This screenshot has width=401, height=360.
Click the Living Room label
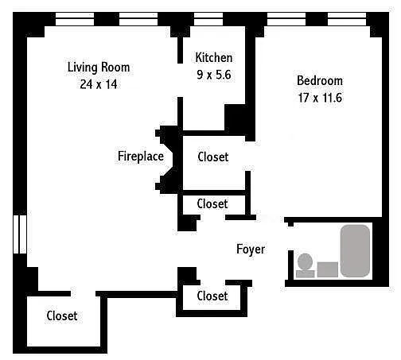[x=99, y=68]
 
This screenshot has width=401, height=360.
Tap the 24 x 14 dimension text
[x=99, y=84]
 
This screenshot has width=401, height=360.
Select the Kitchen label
[x=214, y=57]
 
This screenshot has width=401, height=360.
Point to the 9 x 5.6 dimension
[x=214, y=75]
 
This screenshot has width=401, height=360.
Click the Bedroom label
[x=320, y=81]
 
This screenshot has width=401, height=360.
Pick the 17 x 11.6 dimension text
[x=320, y=98]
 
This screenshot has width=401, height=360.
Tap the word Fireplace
[x=141, y=156]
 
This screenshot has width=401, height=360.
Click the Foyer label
[x=251, y=250]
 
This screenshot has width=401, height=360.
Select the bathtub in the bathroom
[x=355, y=250]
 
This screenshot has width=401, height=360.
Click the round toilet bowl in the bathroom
[x=305, y=261]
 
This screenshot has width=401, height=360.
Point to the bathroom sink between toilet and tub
[x=328, y=269]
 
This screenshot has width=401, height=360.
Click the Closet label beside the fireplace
[x=213, y=157]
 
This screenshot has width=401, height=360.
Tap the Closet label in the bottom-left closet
[x=62, y=315]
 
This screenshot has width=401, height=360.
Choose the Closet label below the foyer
[x=212, y=296]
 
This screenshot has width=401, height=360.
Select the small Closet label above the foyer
[x=212, y=204]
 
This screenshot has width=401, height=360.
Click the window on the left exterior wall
[x=20, y=234]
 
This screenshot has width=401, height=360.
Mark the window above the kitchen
[x=208, y=19]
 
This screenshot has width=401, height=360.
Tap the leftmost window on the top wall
[x=75, y=19]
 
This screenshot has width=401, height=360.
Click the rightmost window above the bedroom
[x=347, y=19]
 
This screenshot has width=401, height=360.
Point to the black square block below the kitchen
[x=235, y=117]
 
